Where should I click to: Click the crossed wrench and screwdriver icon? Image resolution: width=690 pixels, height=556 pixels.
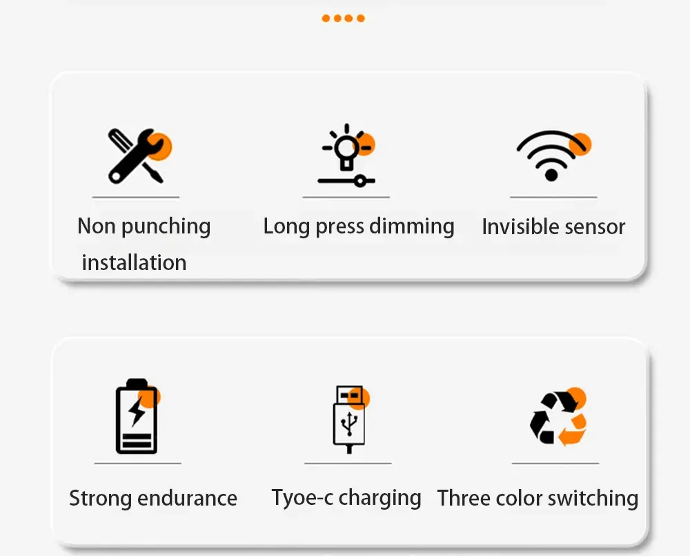coord(139,156)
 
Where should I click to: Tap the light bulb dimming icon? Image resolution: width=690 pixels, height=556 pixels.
coord(347,155)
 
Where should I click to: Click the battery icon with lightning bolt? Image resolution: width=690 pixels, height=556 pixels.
coord(137,416)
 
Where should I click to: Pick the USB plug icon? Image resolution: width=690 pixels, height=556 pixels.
coord(351,419)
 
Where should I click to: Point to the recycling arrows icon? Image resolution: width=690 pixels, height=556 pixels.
coord(558,416)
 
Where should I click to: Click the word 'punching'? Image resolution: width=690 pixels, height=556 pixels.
coord(166,227)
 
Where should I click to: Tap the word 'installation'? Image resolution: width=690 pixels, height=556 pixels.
coord(135,262)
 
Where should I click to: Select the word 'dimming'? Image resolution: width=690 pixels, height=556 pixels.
coord(411,227)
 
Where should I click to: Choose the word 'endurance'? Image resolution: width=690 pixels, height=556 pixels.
coord(187,498)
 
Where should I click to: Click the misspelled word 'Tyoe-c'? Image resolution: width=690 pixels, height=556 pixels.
coord(302,498)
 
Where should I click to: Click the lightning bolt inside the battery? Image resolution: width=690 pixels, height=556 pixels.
coord(137,411)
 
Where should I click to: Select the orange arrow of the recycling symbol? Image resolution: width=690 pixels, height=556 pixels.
coord(573,430)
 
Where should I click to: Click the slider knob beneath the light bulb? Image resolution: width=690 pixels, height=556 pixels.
coord(360,181)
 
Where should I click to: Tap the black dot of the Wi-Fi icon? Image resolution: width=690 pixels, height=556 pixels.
coord(551,175)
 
